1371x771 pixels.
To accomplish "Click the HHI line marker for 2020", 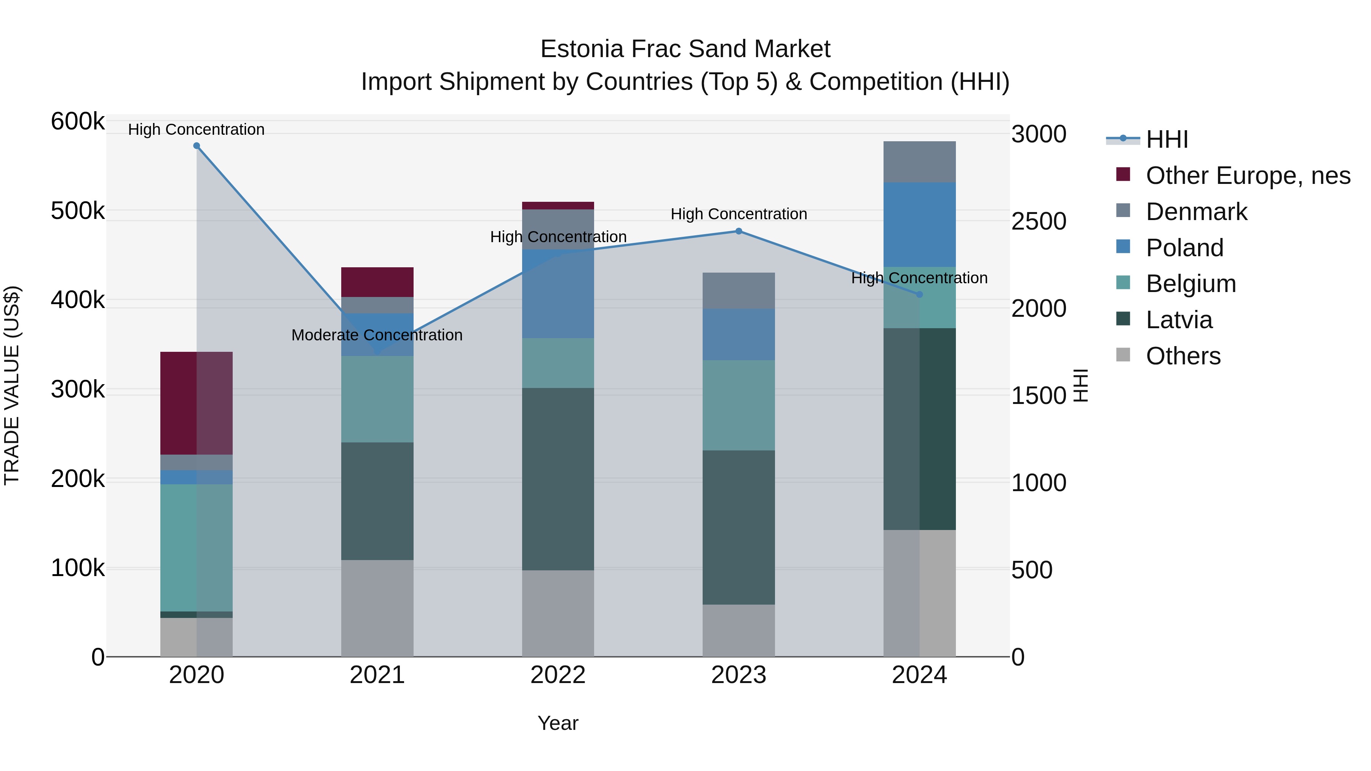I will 197,146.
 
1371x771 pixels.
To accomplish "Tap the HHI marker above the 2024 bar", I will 919,294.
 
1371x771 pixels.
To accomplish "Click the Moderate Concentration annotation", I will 377,335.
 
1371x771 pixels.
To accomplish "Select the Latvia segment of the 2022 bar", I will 558,479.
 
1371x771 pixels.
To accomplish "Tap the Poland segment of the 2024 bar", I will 919,225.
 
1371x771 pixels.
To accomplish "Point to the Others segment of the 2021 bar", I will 377,608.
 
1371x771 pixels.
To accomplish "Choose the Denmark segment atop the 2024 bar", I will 919,162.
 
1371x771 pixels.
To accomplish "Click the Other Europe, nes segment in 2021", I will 377,282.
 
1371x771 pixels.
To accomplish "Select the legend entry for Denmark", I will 1196,212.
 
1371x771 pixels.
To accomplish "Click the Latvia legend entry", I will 1179,320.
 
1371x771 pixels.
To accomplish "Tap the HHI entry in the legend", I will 1166,139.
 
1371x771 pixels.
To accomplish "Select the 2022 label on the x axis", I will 558,675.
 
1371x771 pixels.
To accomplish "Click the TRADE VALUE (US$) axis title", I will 12,385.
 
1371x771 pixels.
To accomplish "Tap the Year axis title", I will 558,723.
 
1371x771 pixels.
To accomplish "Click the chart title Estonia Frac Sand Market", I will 685,49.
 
